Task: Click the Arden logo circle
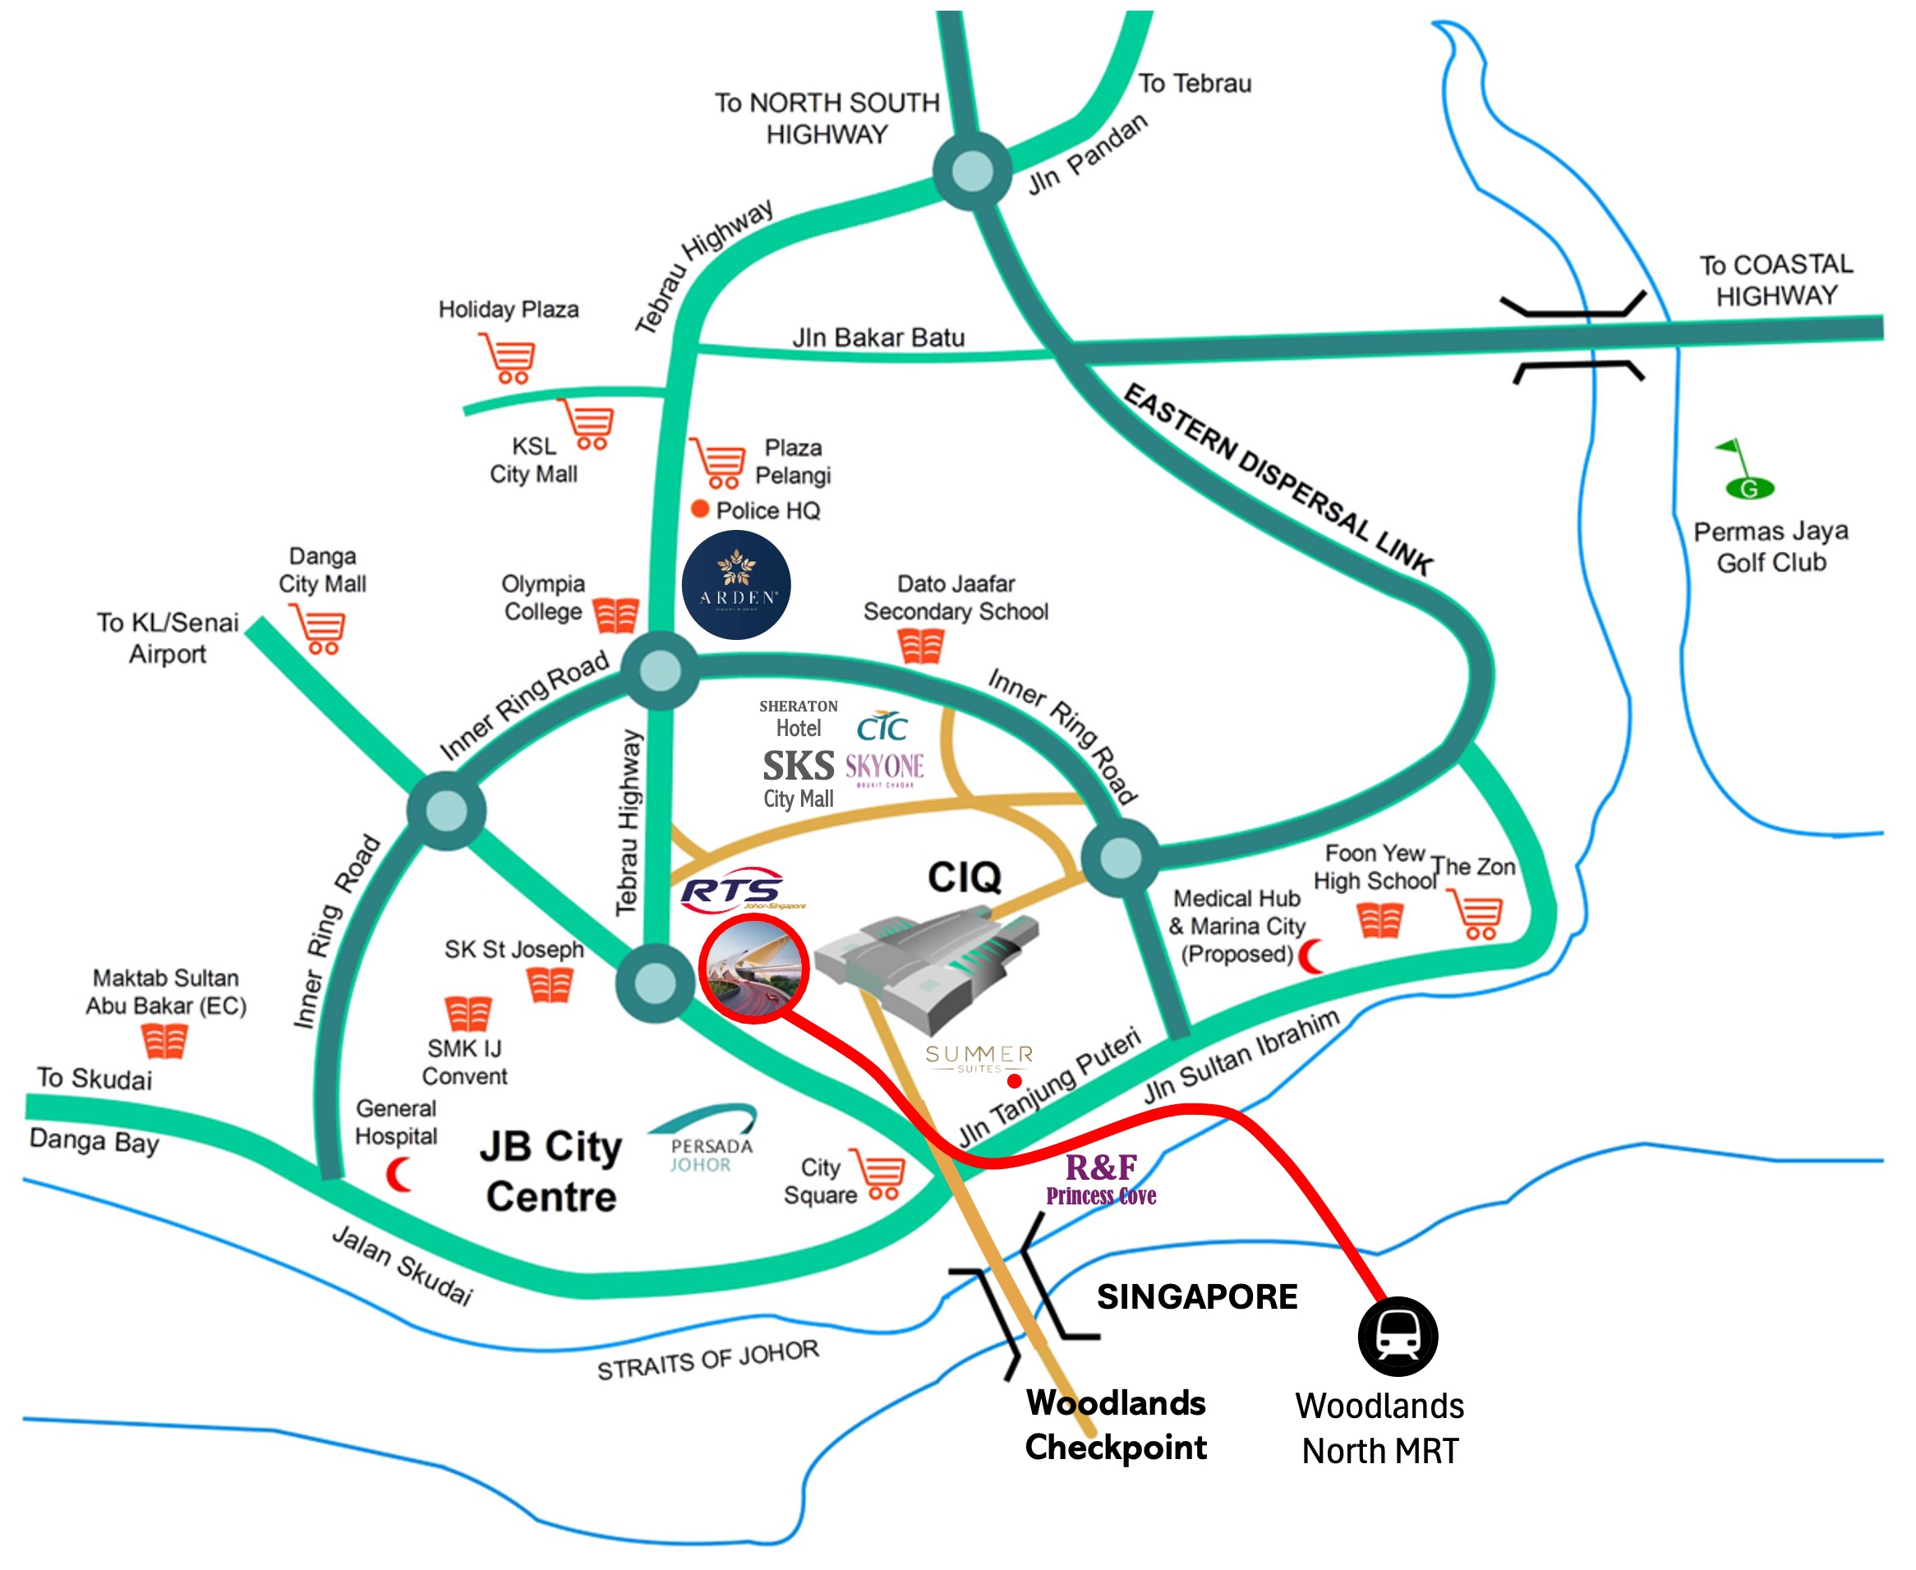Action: (x=735, y=585)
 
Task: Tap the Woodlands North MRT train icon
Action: (x=1397, y=1336)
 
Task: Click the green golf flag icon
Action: (x=1746, y=470)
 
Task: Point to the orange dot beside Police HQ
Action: (x=699, y=509)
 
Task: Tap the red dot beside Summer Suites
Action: (x=1014, y=1080)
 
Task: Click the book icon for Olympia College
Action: (x=615, y=615)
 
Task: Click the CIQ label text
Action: (x=964, y=877)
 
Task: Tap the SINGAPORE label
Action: (x=1196, y=1296)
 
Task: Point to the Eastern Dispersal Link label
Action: (x=1277, y=479)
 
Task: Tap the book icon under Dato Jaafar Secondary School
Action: (x=920, y=646)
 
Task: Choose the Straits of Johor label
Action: (x=707, y=1360)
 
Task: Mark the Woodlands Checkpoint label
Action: (x=1115, y=1425)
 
